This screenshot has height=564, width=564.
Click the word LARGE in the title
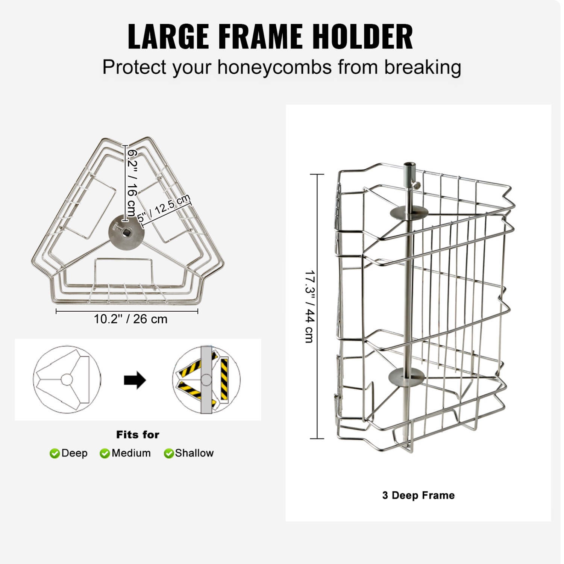[x=168, y=36]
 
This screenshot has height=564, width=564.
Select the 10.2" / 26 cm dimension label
[x=130, y=319]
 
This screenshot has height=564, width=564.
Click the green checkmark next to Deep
[x=55, y=453]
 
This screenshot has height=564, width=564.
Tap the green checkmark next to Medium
[x=105, y=453]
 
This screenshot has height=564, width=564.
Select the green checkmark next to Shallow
[x=169, y=453]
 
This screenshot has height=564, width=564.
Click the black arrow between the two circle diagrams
[x=135, y=380]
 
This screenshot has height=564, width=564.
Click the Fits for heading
[x=138, y=435]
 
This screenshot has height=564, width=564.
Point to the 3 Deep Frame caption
[x=418, y=496]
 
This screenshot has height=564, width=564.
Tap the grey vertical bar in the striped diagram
[x=206, y=380]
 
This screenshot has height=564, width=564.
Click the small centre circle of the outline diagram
[x=67, y=380]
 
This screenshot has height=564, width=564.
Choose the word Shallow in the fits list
[x=194, y=453]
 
